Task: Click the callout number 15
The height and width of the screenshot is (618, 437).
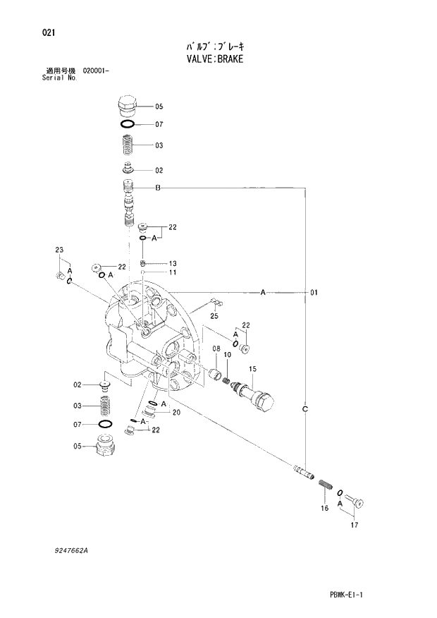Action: coord(252,369)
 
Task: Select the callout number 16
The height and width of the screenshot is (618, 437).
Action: coord(324,508)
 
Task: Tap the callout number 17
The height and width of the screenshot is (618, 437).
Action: coord(354,523)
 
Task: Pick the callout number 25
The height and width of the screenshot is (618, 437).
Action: coord(214,316)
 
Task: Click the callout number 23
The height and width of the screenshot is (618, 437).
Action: coord(59,250)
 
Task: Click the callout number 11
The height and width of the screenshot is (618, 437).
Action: coord(171,272)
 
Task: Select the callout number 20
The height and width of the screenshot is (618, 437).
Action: coord(176,413)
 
